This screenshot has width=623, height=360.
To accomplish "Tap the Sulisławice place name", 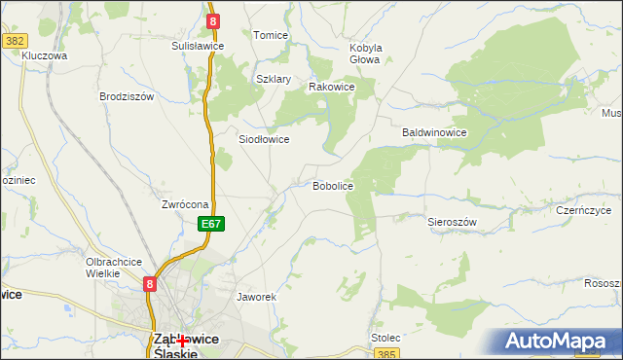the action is (x=198, y=46).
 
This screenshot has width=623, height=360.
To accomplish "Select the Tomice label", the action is (x=271, y=35).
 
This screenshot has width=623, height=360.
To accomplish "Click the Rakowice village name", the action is (x=331, y=87).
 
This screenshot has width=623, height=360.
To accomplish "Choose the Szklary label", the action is (x=274, y=80).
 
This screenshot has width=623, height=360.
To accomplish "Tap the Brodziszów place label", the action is (x=127, y=96).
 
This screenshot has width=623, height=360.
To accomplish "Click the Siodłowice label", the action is (x=264, y=139).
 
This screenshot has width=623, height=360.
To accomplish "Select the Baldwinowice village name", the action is (x=434, y=132).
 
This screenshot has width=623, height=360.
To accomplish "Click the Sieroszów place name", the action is (x=452, y=222).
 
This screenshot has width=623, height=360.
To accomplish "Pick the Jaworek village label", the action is (x=257, y=296).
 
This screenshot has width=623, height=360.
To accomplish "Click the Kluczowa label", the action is (x=44, y=56).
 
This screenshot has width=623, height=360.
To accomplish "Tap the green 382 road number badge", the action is (x=14, y=41).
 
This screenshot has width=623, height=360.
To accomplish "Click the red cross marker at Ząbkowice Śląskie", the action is (x=182, y=342).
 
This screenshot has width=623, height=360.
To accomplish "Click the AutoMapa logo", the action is (x=561, y=341).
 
